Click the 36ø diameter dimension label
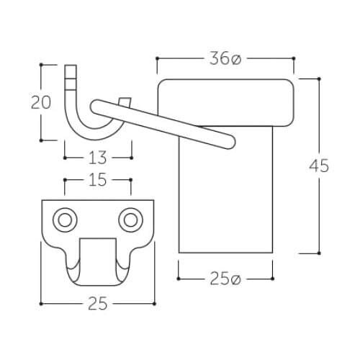[x=225, y=58]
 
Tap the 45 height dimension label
[x=319, y=166]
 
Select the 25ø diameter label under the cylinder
[x=225, y=279]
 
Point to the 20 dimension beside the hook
[x=41, y=102]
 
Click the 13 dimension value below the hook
[x=98, y=158]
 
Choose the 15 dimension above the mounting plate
[x=98, y=180]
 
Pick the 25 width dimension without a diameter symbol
[x=98, y=304]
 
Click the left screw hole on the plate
[x=65, y=220]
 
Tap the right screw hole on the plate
[x=130, y=220]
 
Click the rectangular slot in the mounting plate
[x=98, y=261]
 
